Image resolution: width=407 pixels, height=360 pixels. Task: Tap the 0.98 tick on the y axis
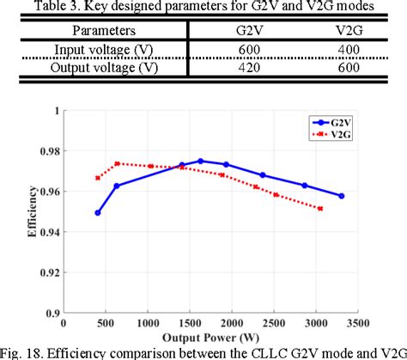pos(51,151)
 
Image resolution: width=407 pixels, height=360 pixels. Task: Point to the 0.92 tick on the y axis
pos(51,273)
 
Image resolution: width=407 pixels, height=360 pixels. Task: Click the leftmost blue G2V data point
pos(98,213)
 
